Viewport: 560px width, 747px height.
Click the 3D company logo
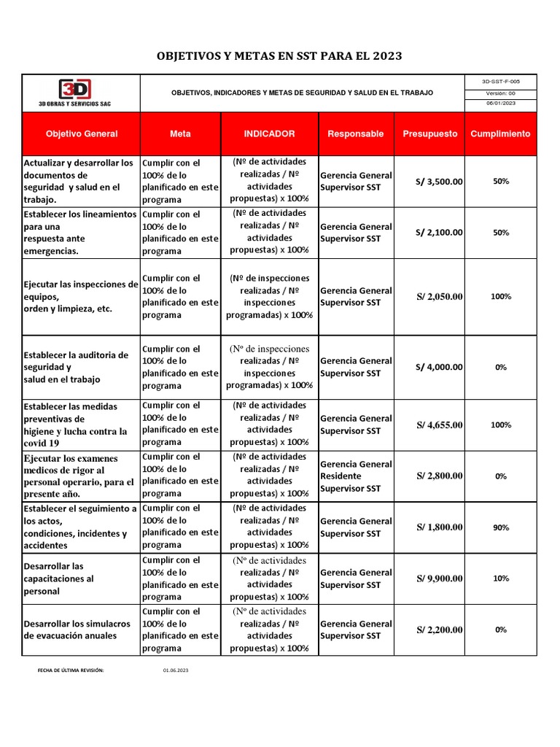(75, 90)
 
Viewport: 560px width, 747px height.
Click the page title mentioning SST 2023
(280, 56)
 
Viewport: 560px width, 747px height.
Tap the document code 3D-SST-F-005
(500, 82)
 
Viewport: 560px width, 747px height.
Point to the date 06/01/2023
(500, 104)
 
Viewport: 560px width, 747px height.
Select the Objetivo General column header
(81, 134)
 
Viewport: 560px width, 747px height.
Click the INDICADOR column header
(269, 134)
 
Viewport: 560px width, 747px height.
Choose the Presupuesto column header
(430, 134)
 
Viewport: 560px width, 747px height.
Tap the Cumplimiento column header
(500, 134)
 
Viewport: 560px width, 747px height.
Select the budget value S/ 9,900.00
(440, 578)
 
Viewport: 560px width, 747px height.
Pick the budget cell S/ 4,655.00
(440, 425)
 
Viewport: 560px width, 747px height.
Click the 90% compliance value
(500, 527)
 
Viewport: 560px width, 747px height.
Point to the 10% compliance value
(500, 578)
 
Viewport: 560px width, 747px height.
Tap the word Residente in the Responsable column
(341, 476)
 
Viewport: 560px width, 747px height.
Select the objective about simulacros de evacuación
(77, 630)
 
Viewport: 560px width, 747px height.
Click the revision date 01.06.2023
(175, 670)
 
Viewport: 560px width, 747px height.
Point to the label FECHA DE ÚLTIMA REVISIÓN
(71, 670)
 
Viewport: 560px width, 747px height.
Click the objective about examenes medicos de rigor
(79, 476)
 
